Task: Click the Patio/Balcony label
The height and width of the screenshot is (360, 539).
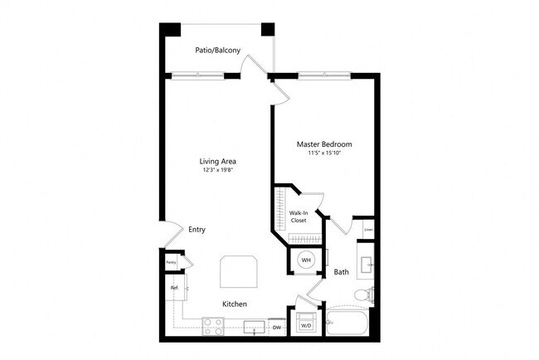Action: click(x=218, y=51)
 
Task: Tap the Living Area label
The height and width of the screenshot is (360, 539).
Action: click(x=219, y=161)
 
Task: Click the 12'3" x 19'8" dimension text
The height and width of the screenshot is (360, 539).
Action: click(x=219, y=171)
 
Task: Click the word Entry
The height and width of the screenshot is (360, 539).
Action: click(x=197, y=230)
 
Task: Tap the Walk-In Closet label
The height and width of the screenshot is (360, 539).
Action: click(x=299, y=217)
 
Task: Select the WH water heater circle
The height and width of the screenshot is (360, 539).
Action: click(x=305, y=260)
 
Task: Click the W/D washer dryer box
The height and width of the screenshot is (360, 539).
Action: click(x=305, y=324)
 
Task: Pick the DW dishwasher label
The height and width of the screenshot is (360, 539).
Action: click(x=277, y=328)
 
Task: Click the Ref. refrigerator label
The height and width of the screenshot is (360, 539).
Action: click(x=175, y=289)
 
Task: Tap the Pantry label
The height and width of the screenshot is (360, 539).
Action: click(x=171, y=263)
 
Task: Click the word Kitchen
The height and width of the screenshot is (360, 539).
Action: click(x=234, y=304)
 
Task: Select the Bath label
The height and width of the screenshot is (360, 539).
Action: click(x=341, y=272)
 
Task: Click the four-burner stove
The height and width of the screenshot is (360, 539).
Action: click(x=213, y=326)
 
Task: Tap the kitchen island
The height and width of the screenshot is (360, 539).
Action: click(x=239, y=270)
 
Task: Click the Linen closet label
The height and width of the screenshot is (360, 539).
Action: click(x=368, y=231)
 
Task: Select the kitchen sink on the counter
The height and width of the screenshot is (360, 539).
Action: click(x=255, y=326)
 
